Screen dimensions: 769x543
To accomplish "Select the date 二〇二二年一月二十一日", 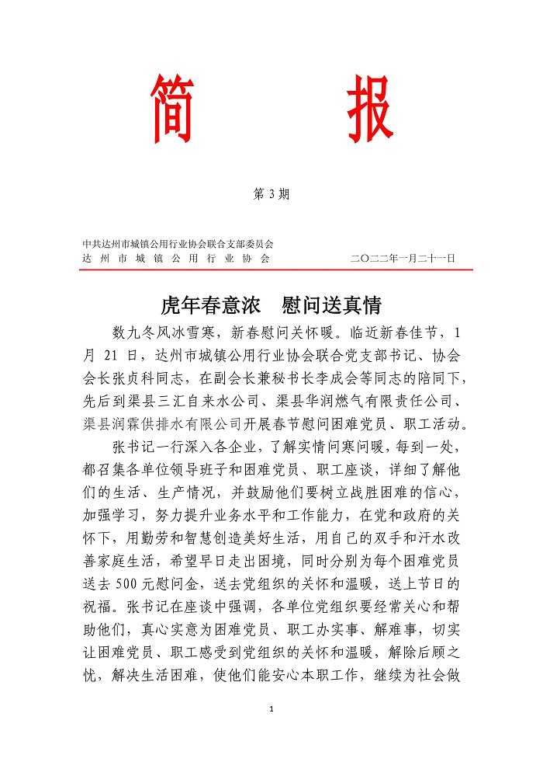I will (403, 258).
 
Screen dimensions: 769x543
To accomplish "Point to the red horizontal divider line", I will (275, 270).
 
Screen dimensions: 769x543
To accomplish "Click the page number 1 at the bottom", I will (271, 708).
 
